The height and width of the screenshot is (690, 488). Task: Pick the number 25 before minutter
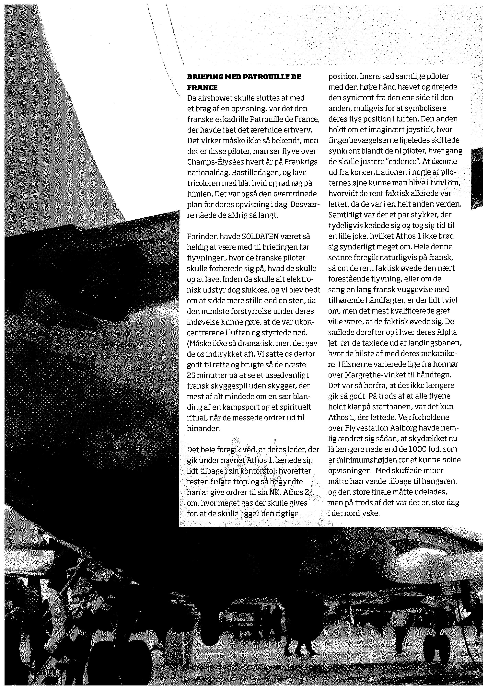tap(192, 375)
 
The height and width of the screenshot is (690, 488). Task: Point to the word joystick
tap(416, 130)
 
